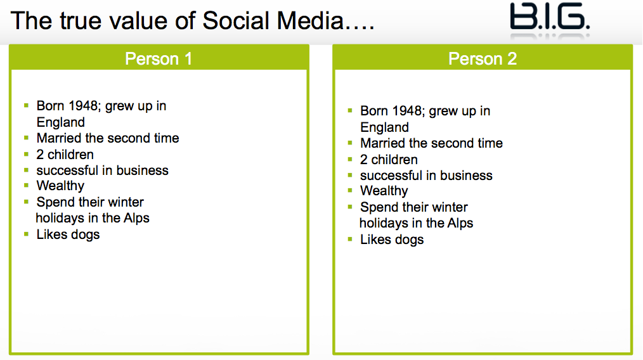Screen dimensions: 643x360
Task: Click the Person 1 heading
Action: pyautogui.click(x=159, y=59)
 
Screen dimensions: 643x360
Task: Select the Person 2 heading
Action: pyautogui.click(x=482, y=59)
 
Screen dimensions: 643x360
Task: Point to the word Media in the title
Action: pyautogui.click(x=311, y=20)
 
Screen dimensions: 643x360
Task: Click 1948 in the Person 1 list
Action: pyautogui.click(x=83, y=106)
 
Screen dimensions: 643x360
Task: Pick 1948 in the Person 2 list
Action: pyautogui.click(x=407, y=111)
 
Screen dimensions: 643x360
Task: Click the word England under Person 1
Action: pyautogui.click(x=61, y=122)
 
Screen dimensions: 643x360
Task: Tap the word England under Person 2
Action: pyautogui.click(x=385, y=127)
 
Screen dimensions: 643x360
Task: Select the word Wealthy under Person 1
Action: pyautogui.click(x=60, y=186)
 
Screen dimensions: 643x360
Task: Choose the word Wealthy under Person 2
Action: pyautogui.click(x=384, y=191)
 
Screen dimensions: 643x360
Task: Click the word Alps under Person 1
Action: pyautogui.click(x=136, y=218)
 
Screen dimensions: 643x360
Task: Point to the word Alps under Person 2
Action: pyautogui.click(x=460, y=223)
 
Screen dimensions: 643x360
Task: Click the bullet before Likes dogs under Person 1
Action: pyautogui.click(x=26, y=234)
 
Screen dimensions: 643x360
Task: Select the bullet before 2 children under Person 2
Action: pyautogui.click(x=350, y=159)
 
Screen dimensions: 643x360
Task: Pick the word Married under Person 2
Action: pyautogui.click(x=383, y=143)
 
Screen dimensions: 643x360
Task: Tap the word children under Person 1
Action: pyautogui.click(x=70, y=155)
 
